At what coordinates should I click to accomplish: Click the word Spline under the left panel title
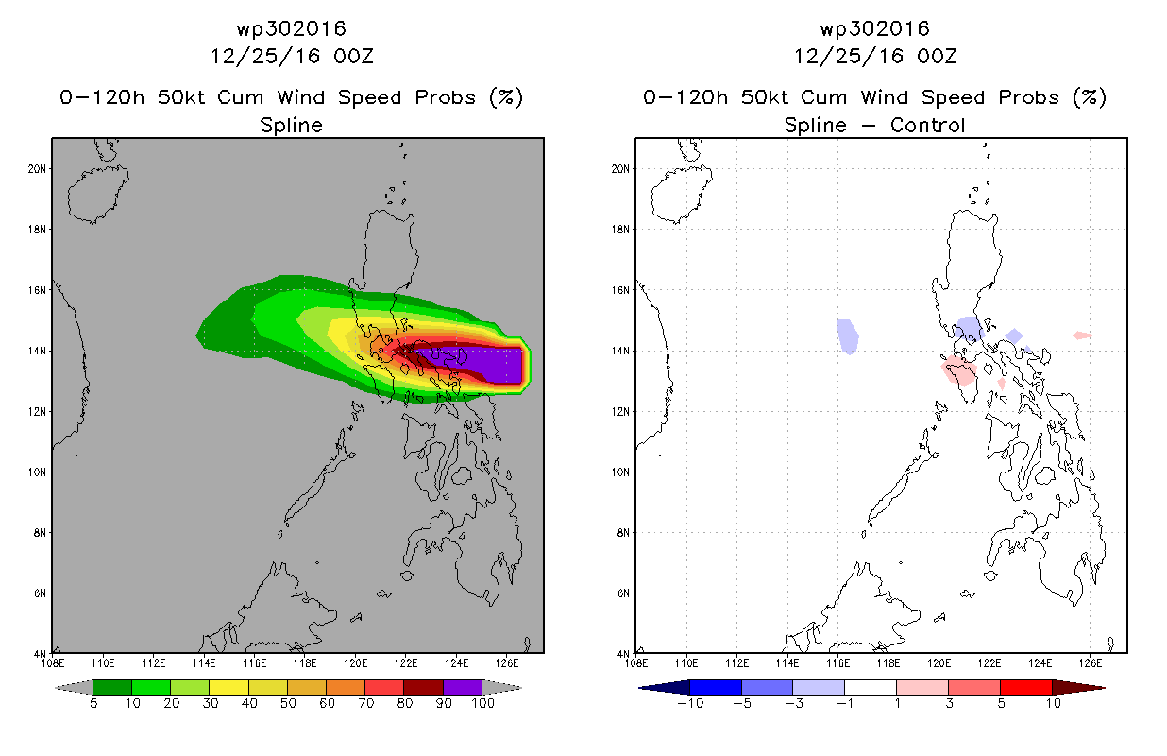[x=291, y=125]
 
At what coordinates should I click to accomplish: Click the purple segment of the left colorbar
[x=463, y=687]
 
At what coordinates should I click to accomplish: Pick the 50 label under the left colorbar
[x=287, y=703]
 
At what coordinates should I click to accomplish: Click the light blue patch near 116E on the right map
[x=848, y=335]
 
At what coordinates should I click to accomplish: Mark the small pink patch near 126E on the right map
[x=1082, y=335]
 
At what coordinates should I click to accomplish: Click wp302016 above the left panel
[x=291, y=29]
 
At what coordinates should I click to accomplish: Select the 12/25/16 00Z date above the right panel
[x=874, y=56]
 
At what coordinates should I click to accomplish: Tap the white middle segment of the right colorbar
[x=870, y=687]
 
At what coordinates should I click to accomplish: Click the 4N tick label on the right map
[x=624, y=653]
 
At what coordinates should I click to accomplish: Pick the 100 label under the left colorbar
[x=482, y=703]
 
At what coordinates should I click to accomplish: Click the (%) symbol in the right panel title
[x=1089, y=97]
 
